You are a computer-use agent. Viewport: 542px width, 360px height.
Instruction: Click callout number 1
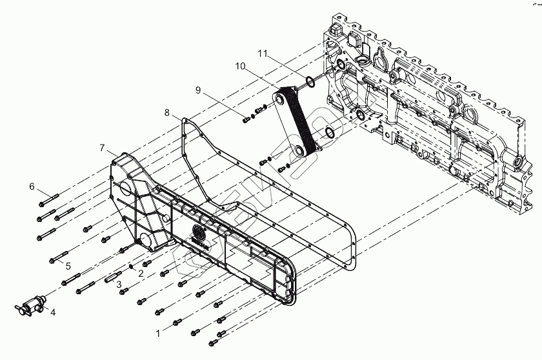tap(156, 334)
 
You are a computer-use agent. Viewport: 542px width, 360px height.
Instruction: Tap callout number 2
tap(140, 274)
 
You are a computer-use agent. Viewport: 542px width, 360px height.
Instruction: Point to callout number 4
tap(54, 313)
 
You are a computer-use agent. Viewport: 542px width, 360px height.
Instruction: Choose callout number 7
tap(102, 148)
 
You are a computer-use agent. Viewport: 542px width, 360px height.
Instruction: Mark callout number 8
tap(167, 113)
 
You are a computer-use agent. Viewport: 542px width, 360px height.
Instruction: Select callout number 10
tap(240, 66)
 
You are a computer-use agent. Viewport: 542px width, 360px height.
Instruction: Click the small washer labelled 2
tap(132, 266)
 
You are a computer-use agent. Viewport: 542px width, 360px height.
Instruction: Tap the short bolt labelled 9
tap(248, 119)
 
